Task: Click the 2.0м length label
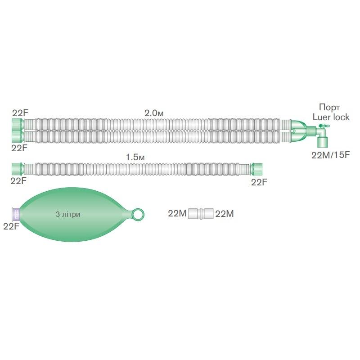(154, 113)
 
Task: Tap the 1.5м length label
(135, 157)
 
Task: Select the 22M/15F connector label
(330, 155)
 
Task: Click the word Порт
(329, 107)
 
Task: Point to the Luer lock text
(331, 117)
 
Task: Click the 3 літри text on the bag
(68, 214)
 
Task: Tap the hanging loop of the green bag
(138, 215)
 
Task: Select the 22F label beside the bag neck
(11, 226)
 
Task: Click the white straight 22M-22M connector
(201, 213)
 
